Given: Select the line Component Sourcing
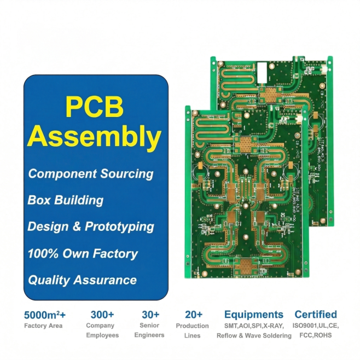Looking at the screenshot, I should (91, 174).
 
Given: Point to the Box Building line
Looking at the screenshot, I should (66, 200).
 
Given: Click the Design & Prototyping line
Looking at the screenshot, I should (91, 227).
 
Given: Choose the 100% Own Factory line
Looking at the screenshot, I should (83, 253).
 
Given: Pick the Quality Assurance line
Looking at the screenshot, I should (82, 280).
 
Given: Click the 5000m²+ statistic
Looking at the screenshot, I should (45, 315).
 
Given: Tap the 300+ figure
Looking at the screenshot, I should (102, 315).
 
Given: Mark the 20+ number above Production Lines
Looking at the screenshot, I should (193, 315).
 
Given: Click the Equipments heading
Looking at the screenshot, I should (254, 315).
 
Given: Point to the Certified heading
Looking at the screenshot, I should (316, 315).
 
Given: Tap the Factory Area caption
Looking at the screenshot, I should (43, 326).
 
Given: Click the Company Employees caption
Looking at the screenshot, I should (102, 330).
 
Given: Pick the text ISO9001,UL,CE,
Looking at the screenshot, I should (316, 326).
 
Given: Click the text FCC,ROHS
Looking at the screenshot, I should (316, 335).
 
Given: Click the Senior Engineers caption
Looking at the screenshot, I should (149, 330).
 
